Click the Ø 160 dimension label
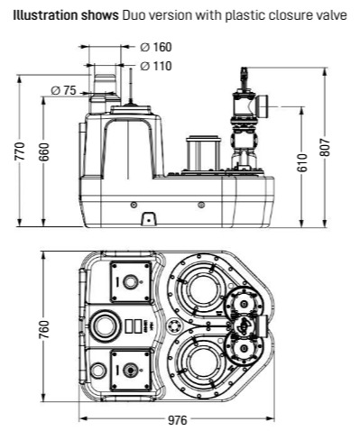[x=156, y=47]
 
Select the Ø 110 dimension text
[x=156, y=66]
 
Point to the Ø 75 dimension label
[x=63, y=90]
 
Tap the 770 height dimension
[x=20, y=151]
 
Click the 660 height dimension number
[x=44, y=151]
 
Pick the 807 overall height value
[x=325, y=147]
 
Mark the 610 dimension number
[x=303, y=162]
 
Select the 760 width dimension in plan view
[x=44, y=329]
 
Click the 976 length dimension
[x=178, y=420]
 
